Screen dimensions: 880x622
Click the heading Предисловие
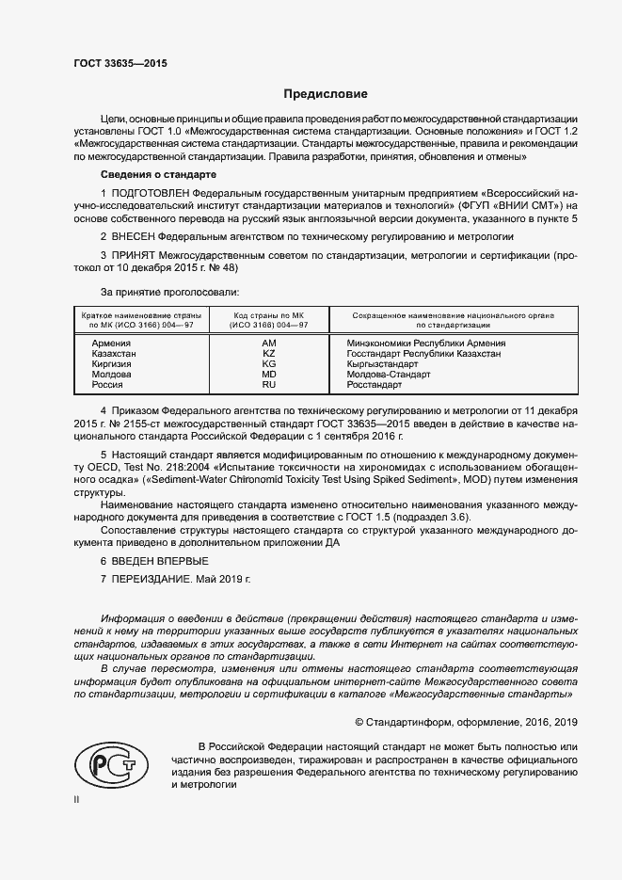coord(326,94)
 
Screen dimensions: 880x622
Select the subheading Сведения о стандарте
coord(158,175)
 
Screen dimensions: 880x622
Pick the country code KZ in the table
coord(268,354)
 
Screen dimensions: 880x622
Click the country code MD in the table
coord(268,375)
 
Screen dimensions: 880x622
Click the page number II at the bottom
coord(77,799)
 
